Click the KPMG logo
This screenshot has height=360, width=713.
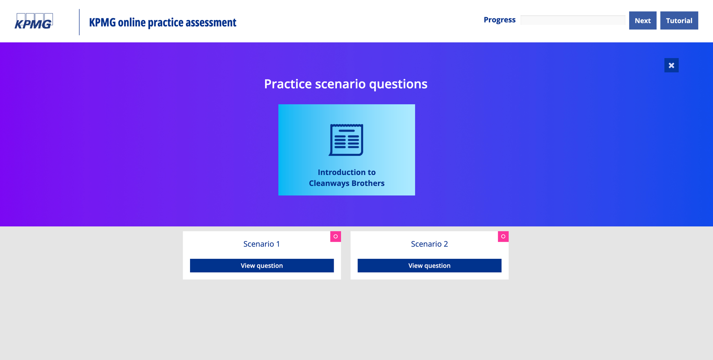tap(34, 22)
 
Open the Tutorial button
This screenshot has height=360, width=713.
tap(679, 21)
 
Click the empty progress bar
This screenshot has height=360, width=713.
tap(573, 20)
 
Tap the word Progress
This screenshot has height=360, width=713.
tap(499, 20)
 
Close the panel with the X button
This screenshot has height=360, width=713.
tap(671, 65)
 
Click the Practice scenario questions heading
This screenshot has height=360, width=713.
tap(345, 84)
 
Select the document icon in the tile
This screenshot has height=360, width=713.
tap(346, 140)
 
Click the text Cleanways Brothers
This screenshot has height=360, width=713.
tap(347, 183)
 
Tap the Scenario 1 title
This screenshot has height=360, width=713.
tap(262, 244)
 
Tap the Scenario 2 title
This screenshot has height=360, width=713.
tap(429, 244)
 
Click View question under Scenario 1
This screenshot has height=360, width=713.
tap(262, 266)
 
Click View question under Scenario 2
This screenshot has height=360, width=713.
tap(429, 266)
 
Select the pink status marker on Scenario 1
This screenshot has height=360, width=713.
tap(335, 237)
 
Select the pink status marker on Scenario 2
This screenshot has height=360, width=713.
tap(503, 237)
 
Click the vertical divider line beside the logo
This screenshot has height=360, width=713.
tap(79, 22)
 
